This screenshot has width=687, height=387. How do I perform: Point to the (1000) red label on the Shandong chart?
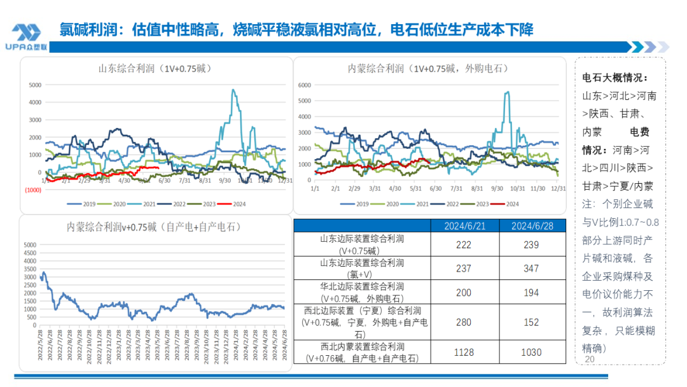pyautogui.click(x=33, y=190)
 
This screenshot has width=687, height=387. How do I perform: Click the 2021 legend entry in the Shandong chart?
pyautogui.click(x=144, y=204)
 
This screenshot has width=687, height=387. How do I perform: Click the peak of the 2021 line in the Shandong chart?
pyautogui.click(x=233, y=90)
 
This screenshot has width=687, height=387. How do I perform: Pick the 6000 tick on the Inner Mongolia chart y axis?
pyautogui.click(x=304, y=85)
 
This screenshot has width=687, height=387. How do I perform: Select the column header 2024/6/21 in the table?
pyautogui.click(x=463, y=226)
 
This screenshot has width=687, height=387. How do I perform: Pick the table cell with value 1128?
pyautogui.click(x=463, y=352)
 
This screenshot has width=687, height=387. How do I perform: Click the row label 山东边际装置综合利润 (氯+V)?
pyautogui.click(x=362, y=269)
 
